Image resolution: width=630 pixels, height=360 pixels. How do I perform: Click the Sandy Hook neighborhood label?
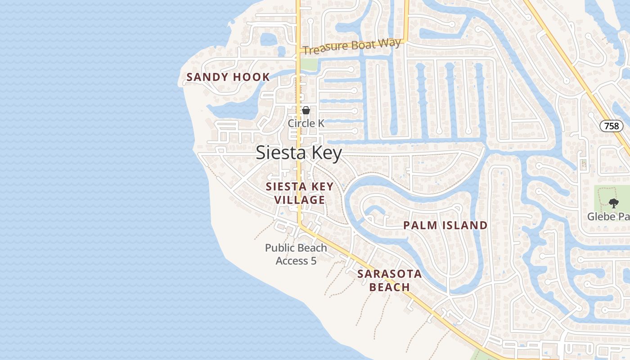point(228,77)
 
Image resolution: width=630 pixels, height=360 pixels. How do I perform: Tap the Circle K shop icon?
point(306,110)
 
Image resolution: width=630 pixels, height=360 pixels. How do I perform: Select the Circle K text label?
point(306,123)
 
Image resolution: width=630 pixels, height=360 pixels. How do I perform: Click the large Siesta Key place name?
point(299,153)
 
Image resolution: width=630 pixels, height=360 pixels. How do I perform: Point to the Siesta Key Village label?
point(300,193)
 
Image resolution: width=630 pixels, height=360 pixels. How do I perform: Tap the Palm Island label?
point(445,225)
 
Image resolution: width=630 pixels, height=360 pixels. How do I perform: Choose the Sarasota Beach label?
point(390,280)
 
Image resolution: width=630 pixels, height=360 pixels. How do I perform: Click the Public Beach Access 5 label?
point(296,254)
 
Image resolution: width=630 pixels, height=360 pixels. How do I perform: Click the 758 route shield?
point(612,126)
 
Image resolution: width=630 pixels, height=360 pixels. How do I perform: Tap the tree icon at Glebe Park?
point(613,203)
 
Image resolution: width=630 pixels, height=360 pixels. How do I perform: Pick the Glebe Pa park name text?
point(608,216)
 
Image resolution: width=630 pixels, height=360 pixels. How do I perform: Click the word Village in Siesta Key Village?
point(300,200)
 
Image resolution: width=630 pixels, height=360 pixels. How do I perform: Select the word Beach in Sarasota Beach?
point(390,287)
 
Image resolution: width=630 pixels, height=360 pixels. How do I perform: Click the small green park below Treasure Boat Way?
point(309,64)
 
